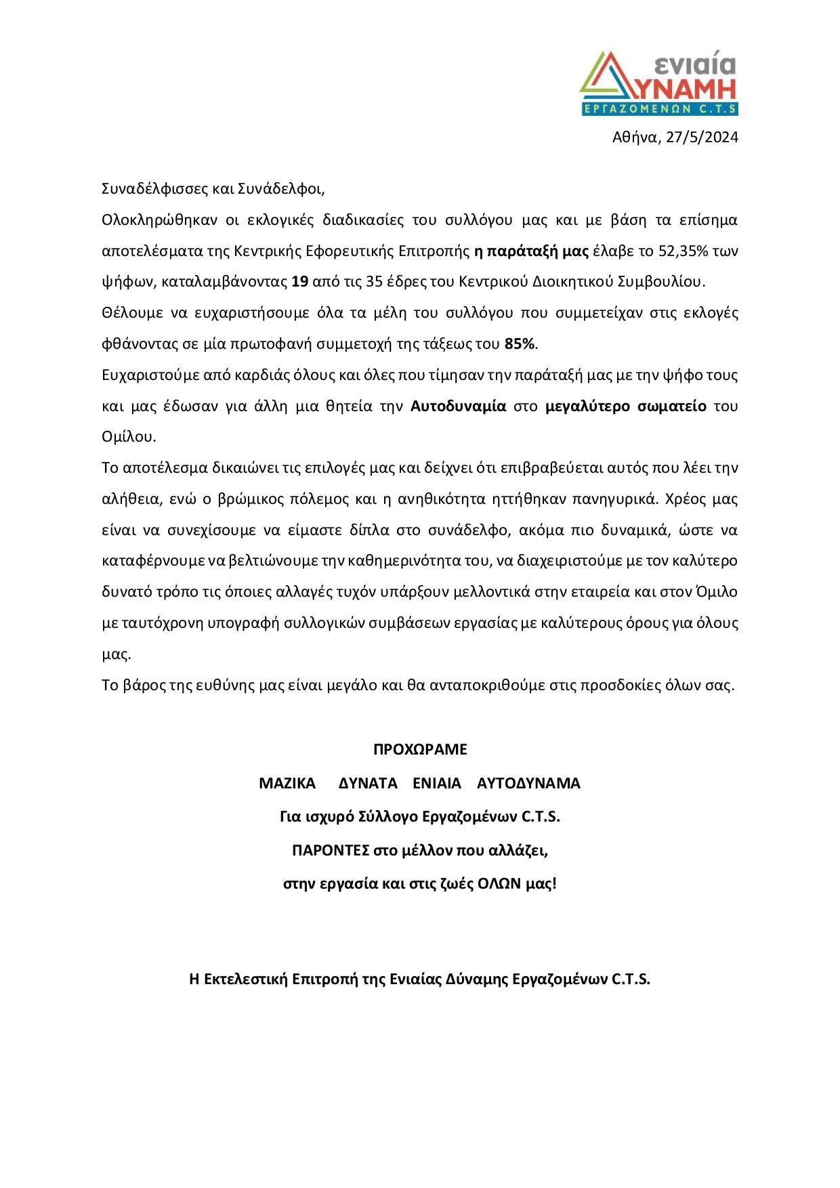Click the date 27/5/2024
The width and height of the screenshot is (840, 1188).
(x=702, y=137)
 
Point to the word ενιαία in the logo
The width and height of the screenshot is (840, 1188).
(x=694, y=64)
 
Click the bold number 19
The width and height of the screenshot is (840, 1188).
(x=299, y=282)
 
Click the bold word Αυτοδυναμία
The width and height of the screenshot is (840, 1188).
(x=459, y=406)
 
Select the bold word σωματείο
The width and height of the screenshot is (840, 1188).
(x=673, y=406)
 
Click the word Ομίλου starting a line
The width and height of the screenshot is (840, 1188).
(x=128, y=437)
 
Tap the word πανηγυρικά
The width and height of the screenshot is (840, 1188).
(x=615, y=499)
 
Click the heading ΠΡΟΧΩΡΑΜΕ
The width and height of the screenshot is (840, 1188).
(x=420, y=750)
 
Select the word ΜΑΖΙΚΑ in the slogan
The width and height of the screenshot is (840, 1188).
(x=287, y=784)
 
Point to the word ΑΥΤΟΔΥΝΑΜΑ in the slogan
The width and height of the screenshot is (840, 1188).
(x=528, y=784)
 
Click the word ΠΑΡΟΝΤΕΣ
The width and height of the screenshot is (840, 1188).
(x=330, y=850)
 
